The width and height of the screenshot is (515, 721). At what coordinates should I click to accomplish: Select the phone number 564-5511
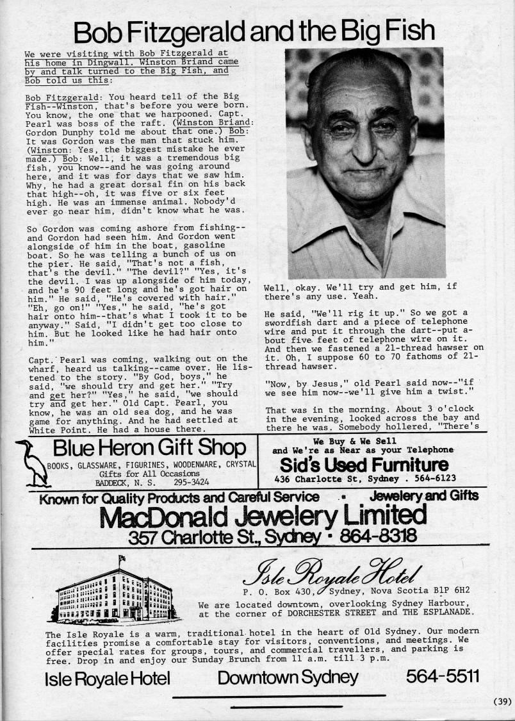coord(442,677)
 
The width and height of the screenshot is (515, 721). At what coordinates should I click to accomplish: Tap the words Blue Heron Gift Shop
coord(149,449)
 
